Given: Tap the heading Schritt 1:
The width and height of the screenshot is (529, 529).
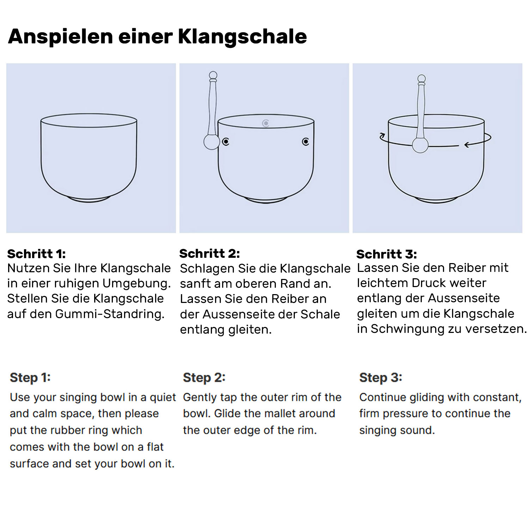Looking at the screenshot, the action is coord(36,254).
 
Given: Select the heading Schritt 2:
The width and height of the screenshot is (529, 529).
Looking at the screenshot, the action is coord(209,254).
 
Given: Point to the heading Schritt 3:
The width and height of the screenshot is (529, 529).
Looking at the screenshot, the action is coord(387,254).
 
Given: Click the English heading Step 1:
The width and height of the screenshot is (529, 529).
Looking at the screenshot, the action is coord(30,378).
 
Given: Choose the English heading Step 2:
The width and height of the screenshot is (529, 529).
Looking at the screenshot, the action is coord(204,378).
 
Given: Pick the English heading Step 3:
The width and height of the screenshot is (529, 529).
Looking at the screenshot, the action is coord(381,378).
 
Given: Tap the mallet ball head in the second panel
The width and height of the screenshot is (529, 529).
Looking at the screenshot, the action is coord(212,142).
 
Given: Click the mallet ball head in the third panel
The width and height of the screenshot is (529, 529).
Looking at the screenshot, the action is coord(420,145).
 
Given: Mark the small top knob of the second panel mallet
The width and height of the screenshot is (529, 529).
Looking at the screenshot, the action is coord(213,75).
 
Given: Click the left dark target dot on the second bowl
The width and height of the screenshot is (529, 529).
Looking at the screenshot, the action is coord(226,142).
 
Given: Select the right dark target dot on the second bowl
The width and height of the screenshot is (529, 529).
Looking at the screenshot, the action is coord(305,142).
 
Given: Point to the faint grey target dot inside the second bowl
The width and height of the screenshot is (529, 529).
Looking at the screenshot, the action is coord(266,123).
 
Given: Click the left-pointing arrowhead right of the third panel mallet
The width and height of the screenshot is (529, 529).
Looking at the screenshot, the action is coord(467,145).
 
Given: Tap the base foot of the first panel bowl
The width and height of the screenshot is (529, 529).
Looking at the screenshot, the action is coord(89,200).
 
